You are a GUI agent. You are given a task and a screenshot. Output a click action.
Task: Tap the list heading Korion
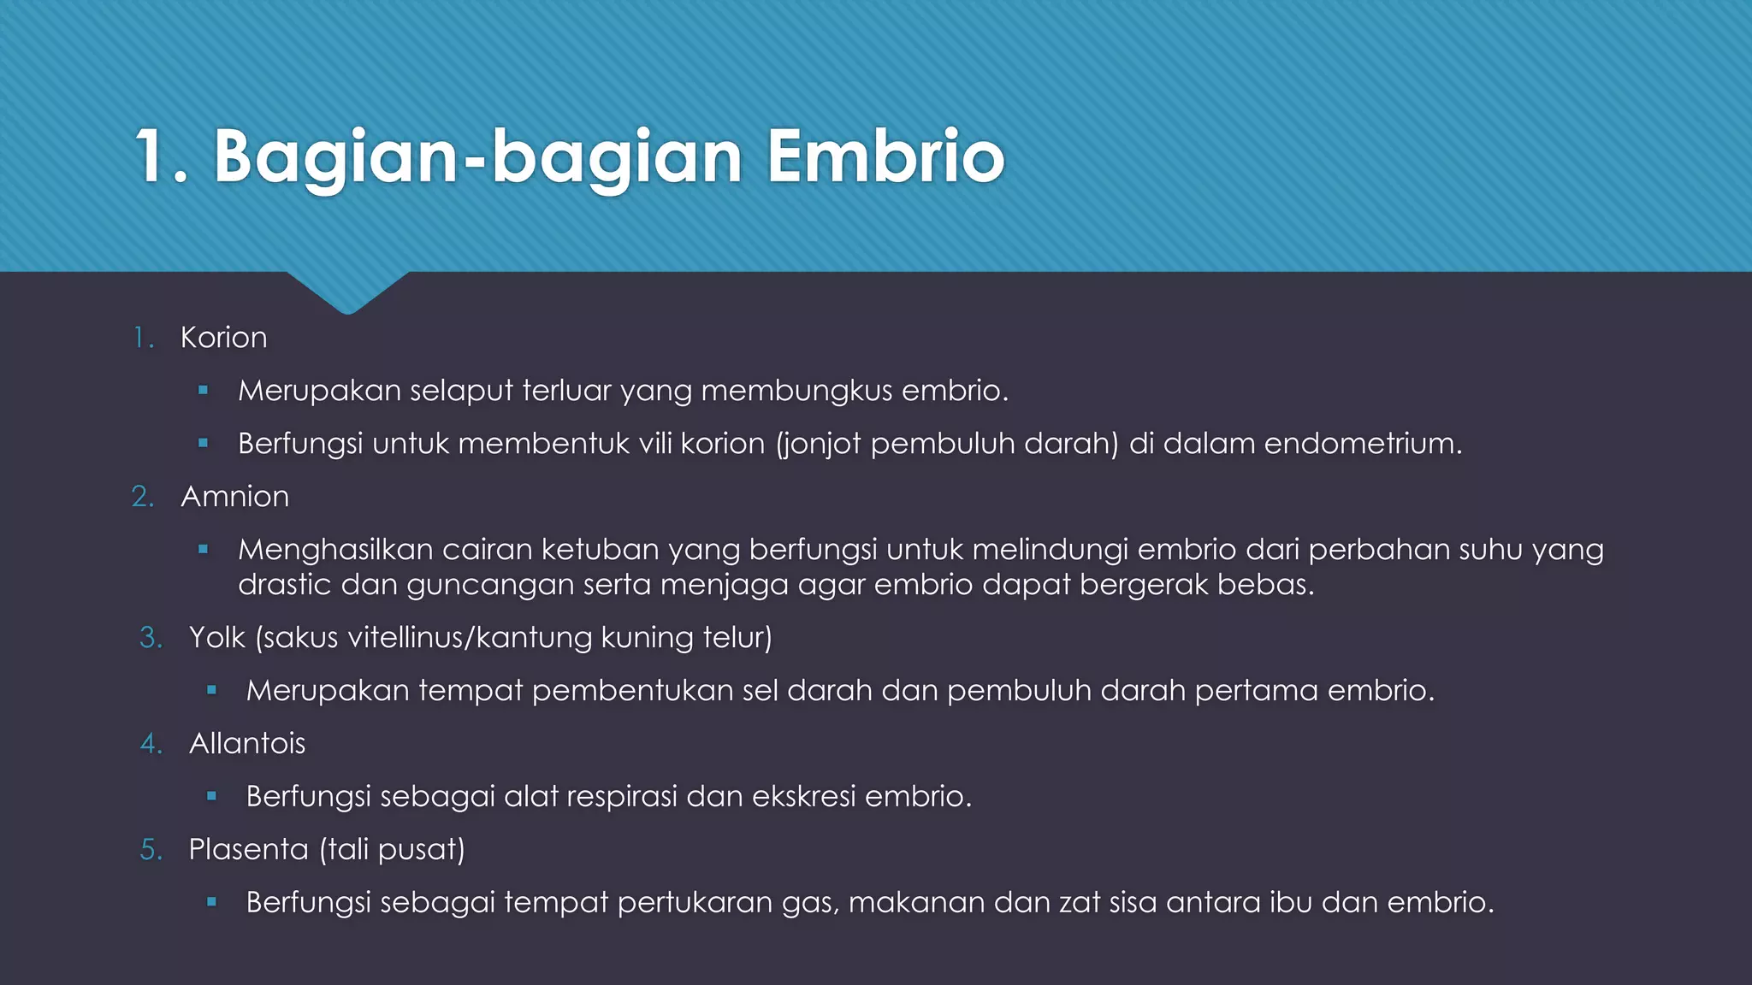click(223, 338)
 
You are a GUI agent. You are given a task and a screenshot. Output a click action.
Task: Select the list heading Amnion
click(234, 497)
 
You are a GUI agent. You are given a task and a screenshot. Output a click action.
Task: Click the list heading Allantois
click(246, 744)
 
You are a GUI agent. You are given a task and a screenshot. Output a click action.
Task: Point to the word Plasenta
click(248, 850)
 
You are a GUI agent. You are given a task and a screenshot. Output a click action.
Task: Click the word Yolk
click(216, 638)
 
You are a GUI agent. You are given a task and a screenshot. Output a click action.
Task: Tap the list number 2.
click(143, 497)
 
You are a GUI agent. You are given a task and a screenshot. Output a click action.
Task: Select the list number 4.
click(151, 744)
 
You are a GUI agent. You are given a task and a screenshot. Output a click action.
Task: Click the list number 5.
click(151, 850)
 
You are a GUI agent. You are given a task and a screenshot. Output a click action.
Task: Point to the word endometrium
click(1362, 444)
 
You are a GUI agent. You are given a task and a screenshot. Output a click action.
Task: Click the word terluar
click(566, 391)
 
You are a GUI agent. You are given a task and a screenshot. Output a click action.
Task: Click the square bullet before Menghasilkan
click(203, 550)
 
